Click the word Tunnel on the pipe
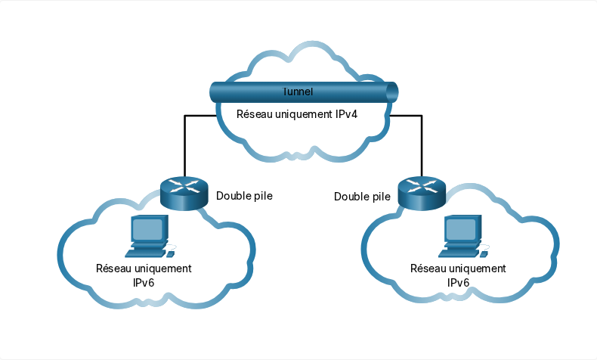tap(297, 92)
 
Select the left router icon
tap(184, 194)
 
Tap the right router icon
tap(422, 194)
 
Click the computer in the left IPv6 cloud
tap(150, 236)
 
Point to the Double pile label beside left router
tap(244, 196)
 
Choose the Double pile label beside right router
tap(362, 197)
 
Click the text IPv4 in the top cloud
tap(346, 114)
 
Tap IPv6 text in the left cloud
tap(144, 283)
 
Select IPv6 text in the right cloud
tap(458, 283)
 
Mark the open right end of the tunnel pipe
tap(392, 92)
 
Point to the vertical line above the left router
tap(184, 146)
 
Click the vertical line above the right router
tap(422, 146)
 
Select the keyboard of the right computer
tap(459, 253)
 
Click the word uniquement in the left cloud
tap(163, 269)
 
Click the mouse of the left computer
tap(172, 253)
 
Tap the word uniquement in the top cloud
tap(304, 115)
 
